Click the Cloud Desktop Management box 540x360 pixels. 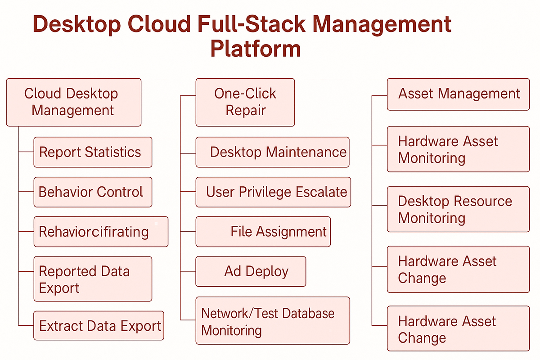pyautogui.click(x=74, y=102)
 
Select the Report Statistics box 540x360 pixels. pyautogui.click(x=93, y=152)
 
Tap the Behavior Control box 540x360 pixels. pyautogui.click(x=93, y=192)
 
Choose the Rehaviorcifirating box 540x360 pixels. pyautogui.click(x=101, y=232)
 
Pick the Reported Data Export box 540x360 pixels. pyautogui.click(x=93, y=279)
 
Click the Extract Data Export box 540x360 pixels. pyautogui.click(x=99, y=325)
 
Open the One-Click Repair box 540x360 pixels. pyautogui.click(x=245, y=102)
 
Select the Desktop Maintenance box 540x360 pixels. pyautogui.click(x=272, y=152)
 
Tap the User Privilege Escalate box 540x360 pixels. pyautogui.click(x=273, y=192)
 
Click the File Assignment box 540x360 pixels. pyautogui.click(x=263, y=232)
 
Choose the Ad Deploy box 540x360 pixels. pyautogui.click(x=251, y=271)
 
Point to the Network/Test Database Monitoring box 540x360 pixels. pyautogui.click(x=273, y=321)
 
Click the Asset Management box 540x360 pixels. pyautogui.click(x=458, y=94)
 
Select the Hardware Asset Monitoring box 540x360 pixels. pyautogui.click(x=458, y=149)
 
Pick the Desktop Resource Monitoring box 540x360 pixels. pyautogui.click(x=458, y=209)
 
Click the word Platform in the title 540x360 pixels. pyautogui.click(x=256, y=49)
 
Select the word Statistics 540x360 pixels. pyautogui.click(x=113, y=152)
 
